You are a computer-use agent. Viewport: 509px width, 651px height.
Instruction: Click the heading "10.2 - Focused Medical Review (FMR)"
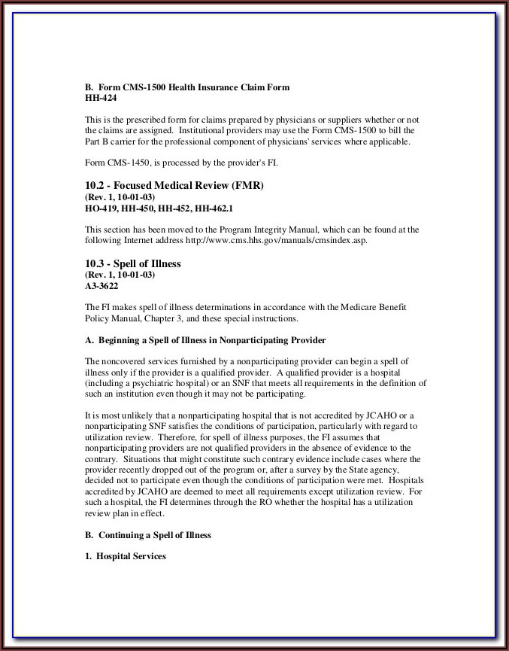click(x=174, y=185)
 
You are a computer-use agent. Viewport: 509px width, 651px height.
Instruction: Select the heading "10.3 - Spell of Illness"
click(x=132, y=264)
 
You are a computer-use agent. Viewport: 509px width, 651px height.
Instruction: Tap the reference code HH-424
click(x=101, y=98)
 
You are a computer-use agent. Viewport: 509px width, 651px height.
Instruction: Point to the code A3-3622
click(x=101, y=286)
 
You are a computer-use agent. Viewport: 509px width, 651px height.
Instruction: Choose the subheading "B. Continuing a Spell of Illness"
click(x=148, y=535)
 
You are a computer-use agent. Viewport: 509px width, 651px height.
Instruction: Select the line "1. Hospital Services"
click(x=125, y=556)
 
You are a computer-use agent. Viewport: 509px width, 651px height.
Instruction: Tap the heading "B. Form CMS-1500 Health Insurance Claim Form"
click(x=186, y=87)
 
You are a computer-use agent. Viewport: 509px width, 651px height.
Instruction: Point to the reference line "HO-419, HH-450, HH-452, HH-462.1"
click(x=159, y=208)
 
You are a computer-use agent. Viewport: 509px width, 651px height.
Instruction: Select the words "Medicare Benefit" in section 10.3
click(x=384, y=307)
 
